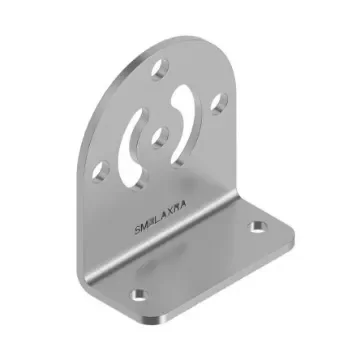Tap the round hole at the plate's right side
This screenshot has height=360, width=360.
[218, 100]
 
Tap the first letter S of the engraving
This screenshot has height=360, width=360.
[137, 228]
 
